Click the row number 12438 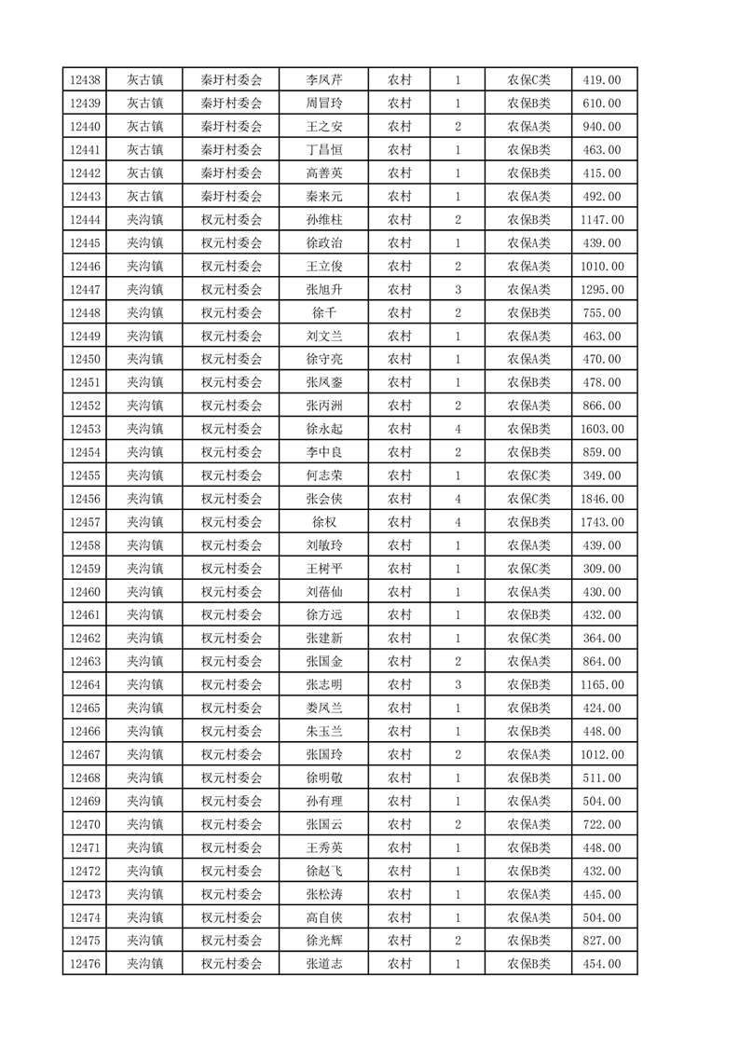pos(85,80)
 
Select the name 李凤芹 pos(324,80)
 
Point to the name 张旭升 pos(324,290)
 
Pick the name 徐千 pos(324,313)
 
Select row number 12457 pos(85,522)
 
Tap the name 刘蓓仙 pos(324,592)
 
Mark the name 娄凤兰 pos(324,709)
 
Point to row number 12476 pos(85,964)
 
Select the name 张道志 pos(324,964)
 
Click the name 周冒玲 pos(324,103)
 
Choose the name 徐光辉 pos(324,941)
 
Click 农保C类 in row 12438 pos(528,80)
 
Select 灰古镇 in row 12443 pos(145,197)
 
